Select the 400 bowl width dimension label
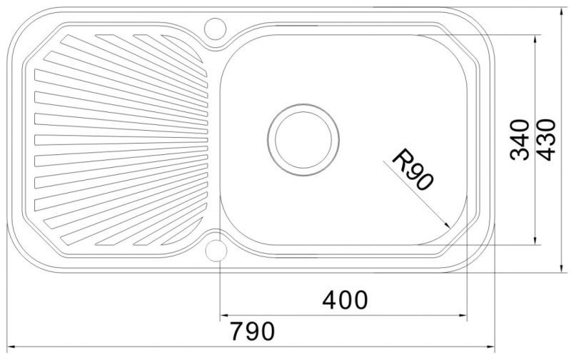pyautogui.click(x=345, y=299)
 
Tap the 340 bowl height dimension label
pyautogui.click(x=520, y=140)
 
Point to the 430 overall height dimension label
pyautogui.click(x=547, y=140)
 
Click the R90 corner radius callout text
pyautogui.click(x=413, y=170)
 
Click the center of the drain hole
pyautogui.click(x=303, y=140)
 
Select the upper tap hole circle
pyautogui.click(x=216, y=29)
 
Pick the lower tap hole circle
pyautogui.click(x=216, y=251)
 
